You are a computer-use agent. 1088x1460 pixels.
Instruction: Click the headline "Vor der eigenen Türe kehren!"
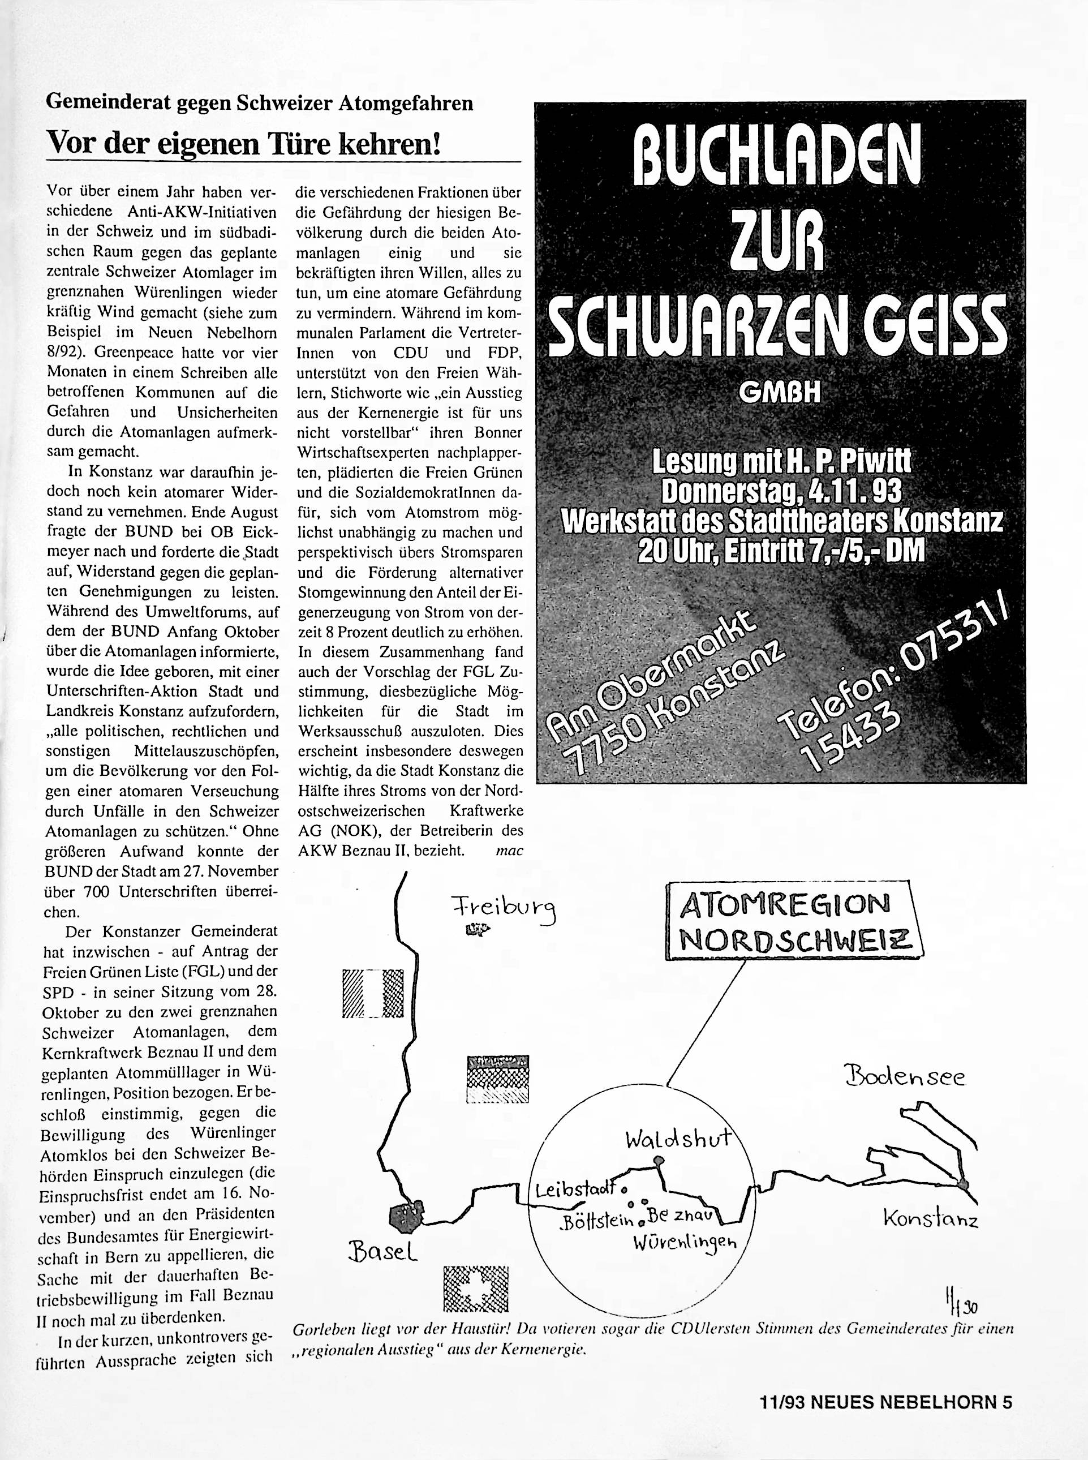(x=242, y=143)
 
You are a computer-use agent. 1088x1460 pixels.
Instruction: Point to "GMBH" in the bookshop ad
(x=780, y=393)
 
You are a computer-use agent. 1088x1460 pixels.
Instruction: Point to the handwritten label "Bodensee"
(x=905, y=1078)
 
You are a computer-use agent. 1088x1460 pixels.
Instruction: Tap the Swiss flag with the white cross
(x=477, y=1288)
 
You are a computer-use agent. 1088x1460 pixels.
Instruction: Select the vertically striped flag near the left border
(x=372, y=994)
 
